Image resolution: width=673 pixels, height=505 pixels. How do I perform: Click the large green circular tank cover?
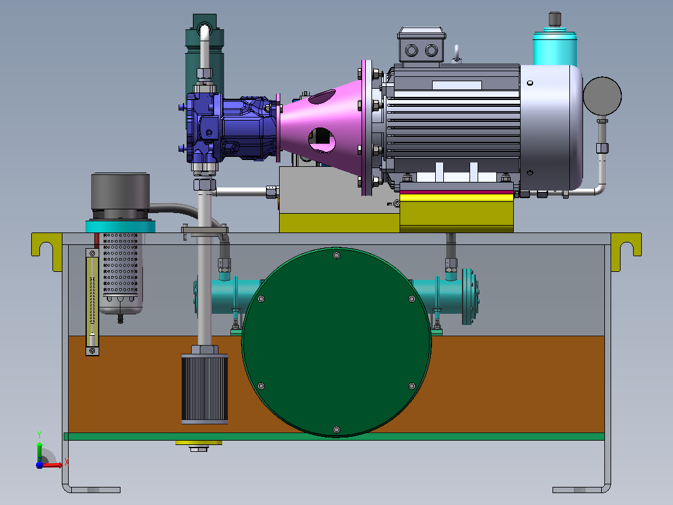336,342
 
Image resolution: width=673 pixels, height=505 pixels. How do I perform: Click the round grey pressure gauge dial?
602,96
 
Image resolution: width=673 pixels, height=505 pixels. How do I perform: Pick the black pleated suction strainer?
205,389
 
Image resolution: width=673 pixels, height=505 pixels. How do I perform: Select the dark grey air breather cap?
120,192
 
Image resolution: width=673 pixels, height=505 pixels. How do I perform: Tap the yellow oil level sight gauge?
92,302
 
